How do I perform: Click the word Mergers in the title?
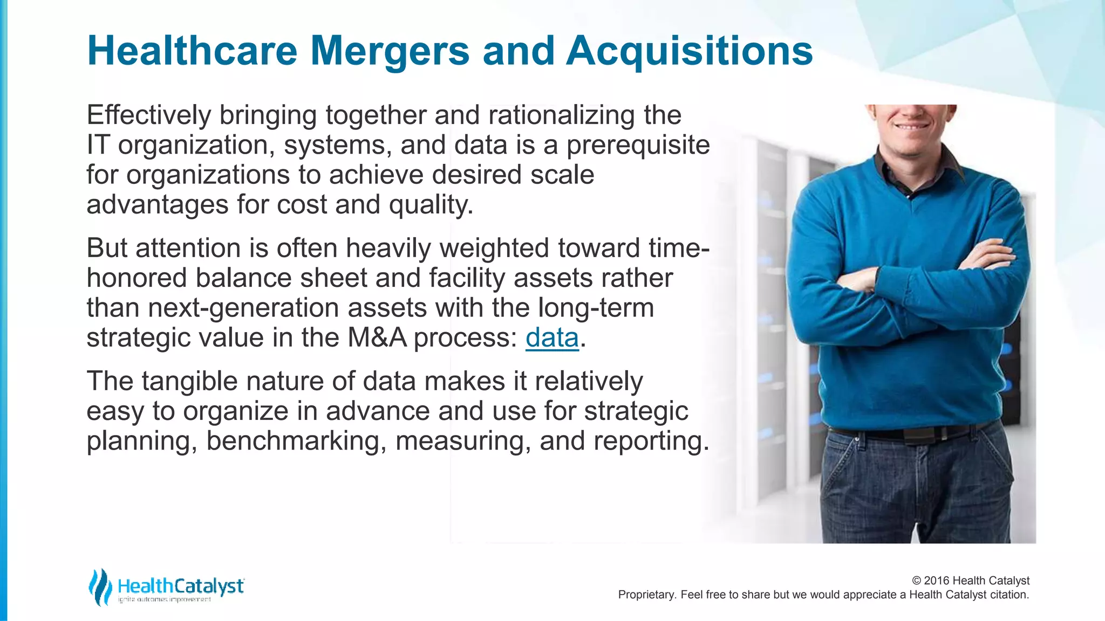pyautogui.click(x=390, y=51)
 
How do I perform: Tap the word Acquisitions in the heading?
pyautogui.click(x=689, y=51)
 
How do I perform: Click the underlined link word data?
pyautogui.click(x=552, y=338)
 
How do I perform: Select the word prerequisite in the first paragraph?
pyautogui.click(x=638, y=146)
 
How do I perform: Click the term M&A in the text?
pyautogui.click(x=377, y=338)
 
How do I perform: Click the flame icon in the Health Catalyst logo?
pyautogui.click(x=100, y=586)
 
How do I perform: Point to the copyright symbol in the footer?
pyautogui.click(x=916, y=581)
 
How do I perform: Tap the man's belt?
pyautogui.click(x=906, y=432)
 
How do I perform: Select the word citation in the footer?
pyautogui.click(x=1009, y=595)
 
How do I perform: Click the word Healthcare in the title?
pyautogui.click(x=192, y=51)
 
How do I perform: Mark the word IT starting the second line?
pyautogui.click(x=98, y=146)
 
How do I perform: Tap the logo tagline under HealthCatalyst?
pyautogui.click(x=164, y=599)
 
